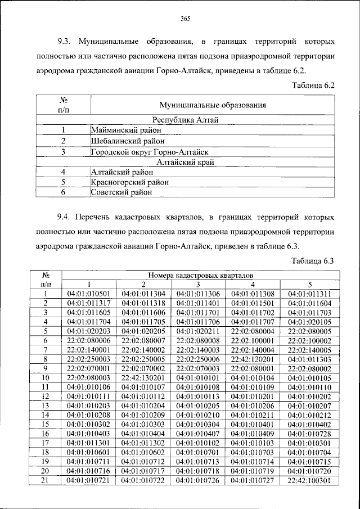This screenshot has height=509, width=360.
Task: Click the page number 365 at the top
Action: (186, 19)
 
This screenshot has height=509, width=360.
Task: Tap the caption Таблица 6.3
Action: (313, 260)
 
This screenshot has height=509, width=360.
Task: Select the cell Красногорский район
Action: (129, 182)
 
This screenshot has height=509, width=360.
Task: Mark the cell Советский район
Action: (121, 192)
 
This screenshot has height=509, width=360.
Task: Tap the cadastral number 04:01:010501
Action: (88, 294)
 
